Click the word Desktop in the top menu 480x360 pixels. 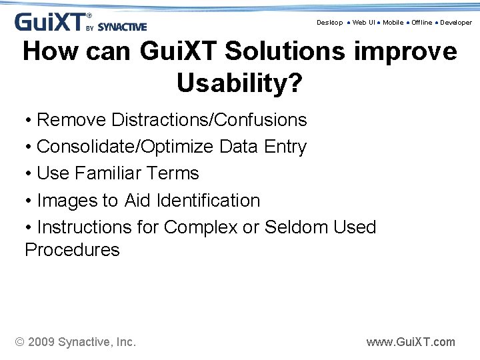pyautogui.click(x=329, y=23)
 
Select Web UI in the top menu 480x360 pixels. pyautogui.click(x=363, y=23)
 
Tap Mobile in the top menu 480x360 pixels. pyautogui.click(x=393, y=23)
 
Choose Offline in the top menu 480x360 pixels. pyautogui.click(x=421, y=23)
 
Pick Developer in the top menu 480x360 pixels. pyautogui.click(x=456, y=23)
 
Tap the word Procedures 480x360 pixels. pyautogui.click(x=72, y=250)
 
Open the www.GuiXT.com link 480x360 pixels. pyautogui.click(x=411, y=342)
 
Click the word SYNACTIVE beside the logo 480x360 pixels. pyautogui.click(x=122, y=27)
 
